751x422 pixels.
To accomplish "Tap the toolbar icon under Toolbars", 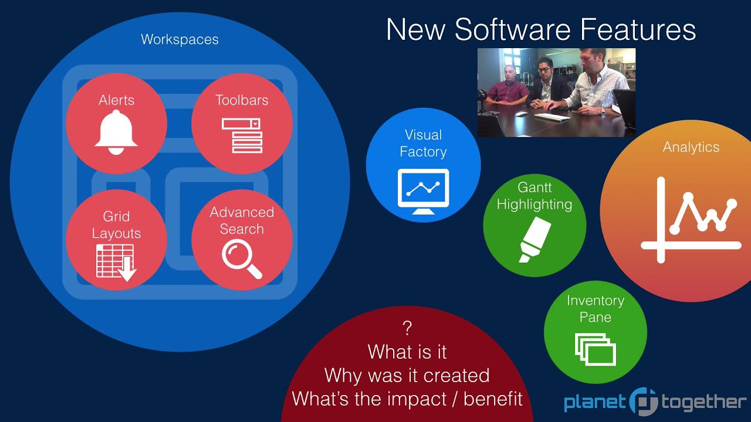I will tap(242, 135).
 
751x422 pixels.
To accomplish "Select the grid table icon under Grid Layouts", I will tap(116, 261).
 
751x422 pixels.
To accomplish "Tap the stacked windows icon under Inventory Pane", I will tap(595, 349).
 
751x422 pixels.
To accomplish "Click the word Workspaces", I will tap(180, 40).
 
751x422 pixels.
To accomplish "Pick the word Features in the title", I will tap(643, 29).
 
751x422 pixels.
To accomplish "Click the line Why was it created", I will tap(407, 375).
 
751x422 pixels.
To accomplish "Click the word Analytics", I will tap(691, 147).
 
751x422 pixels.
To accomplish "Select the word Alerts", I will tap(116, 100).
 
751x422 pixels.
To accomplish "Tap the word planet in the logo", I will tap(594, 403).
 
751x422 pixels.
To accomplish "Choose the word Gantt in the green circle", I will tap(535, 188).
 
